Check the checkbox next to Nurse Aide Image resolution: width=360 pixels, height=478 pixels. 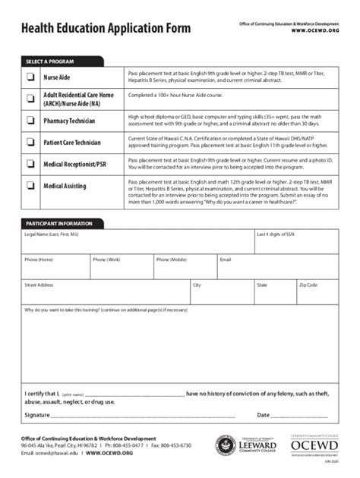31,77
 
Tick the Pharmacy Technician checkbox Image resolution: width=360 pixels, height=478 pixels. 31,120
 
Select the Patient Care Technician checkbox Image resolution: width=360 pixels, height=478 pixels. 31,142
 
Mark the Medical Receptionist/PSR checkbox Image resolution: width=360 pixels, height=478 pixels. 31,164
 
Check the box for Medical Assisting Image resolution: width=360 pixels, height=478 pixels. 31,185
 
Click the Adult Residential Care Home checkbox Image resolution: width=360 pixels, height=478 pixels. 31,99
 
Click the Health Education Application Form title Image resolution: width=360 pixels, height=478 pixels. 106,29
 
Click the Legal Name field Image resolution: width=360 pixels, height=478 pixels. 137,246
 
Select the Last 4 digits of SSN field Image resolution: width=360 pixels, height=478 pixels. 296,246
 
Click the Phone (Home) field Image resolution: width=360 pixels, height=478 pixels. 55,270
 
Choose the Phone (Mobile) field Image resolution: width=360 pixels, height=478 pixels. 185,270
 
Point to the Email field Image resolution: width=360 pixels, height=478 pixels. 277,270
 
